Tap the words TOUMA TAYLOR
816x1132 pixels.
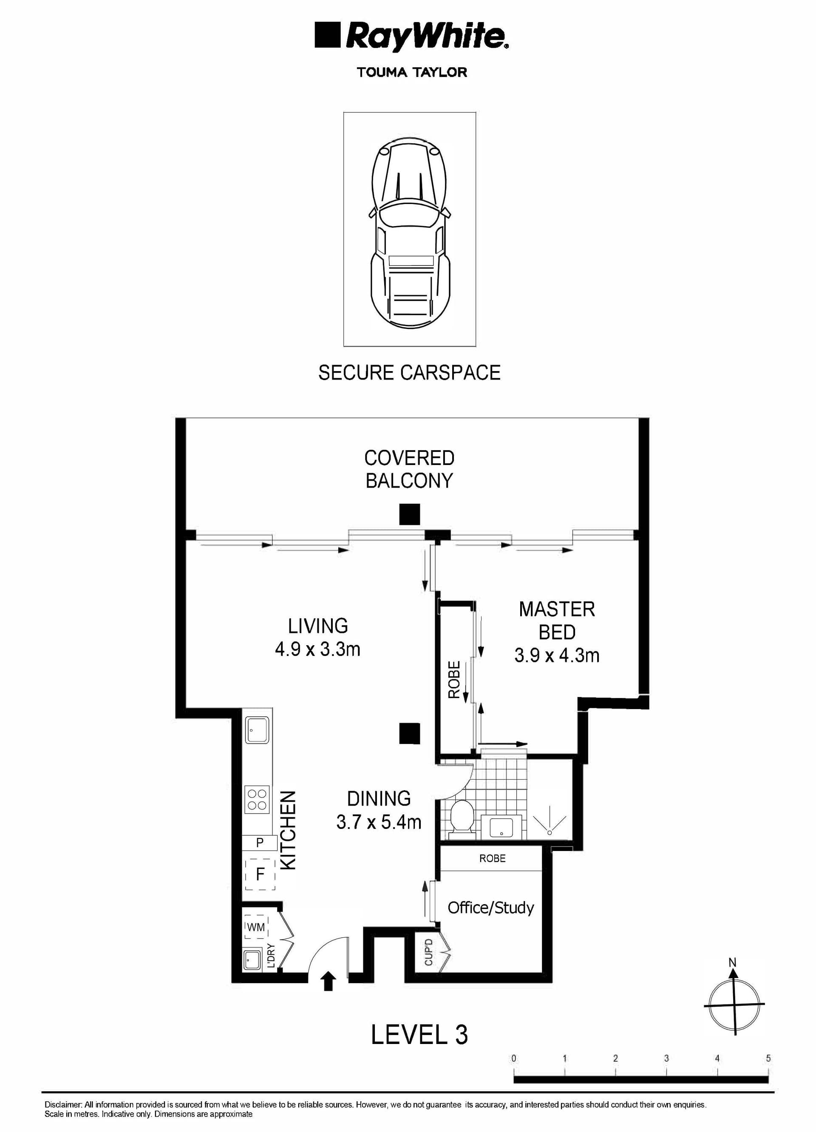point(412,72)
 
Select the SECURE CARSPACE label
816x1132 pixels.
point(409,373)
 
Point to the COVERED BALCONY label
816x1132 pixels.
point(409,469)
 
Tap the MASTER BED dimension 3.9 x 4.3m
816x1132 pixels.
point(557,655)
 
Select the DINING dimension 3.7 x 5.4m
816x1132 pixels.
point(379,822)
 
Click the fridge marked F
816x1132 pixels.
point(260,874)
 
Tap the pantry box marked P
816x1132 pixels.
point(260,843)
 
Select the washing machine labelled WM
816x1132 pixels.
point(256,928)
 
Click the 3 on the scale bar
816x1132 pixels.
point(666,1058)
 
